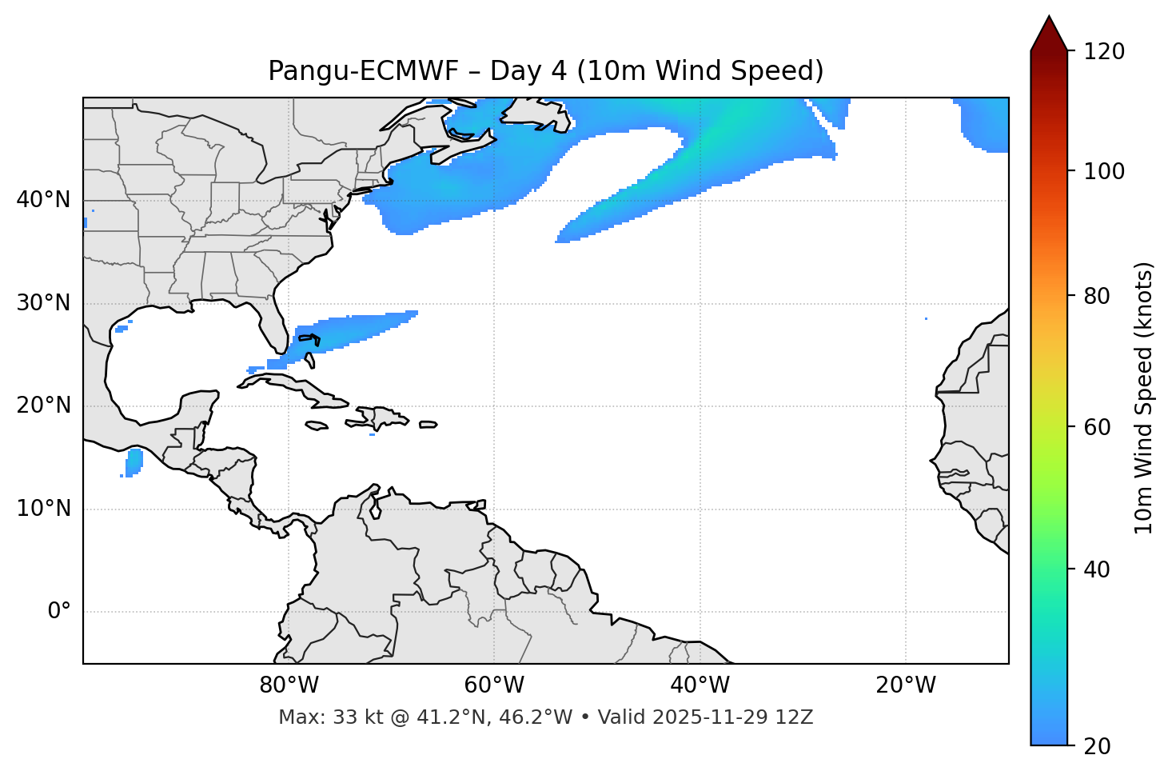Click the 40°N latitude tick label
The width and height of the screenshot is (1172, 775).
pyautogui.click(x=43, y=200)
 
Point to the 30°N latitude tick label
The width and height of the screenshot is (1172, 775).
pyautogui.click(x=43, y=303)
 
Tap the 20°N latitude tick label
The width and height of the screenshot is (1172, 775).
pyautogui.click(x=43, y=405)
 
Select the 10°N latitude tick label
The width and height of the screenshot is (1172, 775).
pyautogui.click(x=43, y=509)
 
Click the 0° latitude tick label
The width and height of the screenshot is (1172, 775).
pyautogui.click(x=59, y=612)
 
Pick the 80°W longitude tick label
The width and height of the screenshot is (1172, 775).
pyautogui.click(x=289, y=685)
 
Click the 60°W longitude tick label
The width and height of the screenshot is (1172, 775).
pyautogui.click(x=494, y=685)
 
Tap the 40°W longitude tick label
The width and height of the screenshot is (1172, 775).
pyautogui.click(x=700, y=685)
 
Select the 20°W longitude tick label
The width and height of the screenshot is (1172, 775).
pyautogui.click(x=906, y=685)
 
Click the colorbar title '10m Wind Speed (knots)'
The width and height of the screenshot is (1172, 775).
pyautogui.click(x=1144, y=397)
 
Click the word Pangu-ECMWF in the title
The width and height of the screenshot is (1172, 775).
pyautogui.click(x=363, y=71)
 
